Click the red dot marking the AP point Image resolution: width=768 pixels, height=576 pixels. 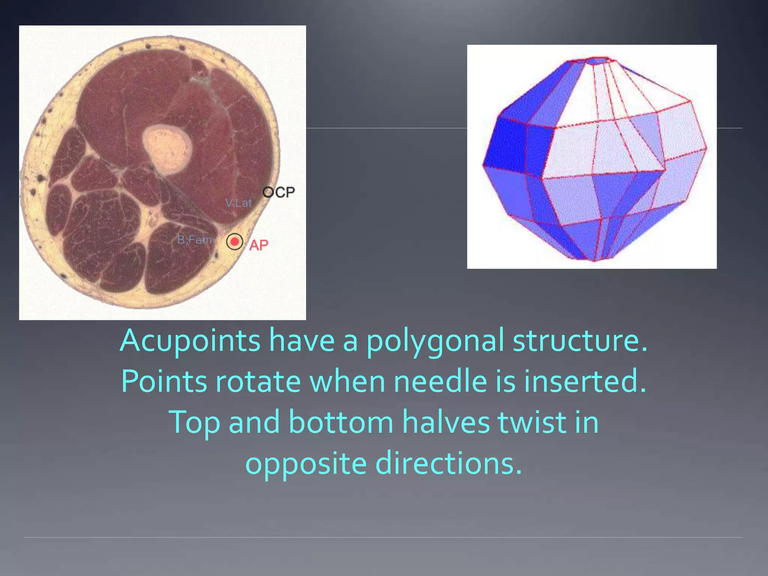tap(235, 242)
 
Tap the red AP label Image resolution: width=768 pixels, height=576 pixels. tap(259, 245)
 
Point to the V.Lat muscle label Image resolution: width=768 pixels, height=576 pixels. tap(238, 203)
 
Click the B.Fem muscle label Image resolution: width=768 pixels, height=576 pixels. tap(194, 240)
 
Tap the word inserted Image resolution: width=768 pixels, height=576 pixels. tap(585, 381)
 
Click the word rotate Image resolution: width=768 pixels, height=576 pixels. tap(258, 381)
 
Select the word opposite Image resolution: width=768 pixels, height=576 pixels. tap(306, 463)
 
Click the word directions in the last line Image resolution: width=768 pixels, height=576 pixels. tap(448, 463)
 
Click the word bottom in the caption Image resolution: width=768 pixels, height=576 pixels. tap(341, 422)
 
